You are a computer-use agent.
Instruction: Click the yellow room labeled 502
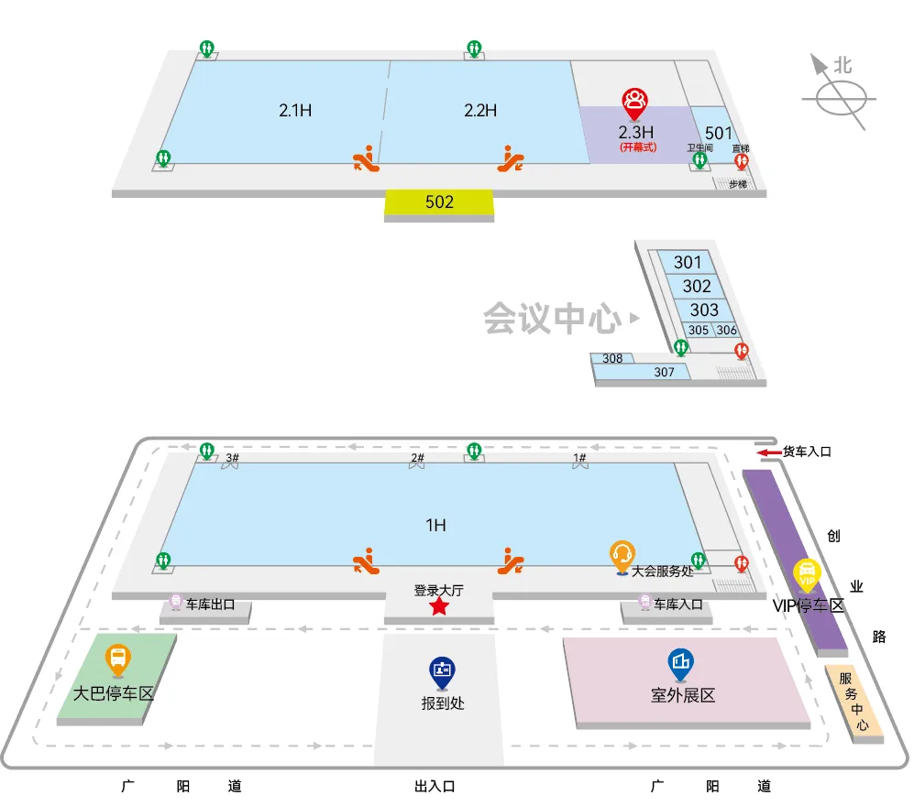439,202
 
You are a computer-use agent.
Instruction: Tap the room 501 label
719,134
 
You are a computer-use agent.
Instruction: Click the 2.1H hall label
296,111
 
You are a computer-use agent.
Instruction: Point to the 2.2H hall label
480,111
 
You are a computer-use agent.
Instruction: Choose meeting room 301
688,263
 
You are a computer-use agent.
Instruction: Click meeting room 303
704,310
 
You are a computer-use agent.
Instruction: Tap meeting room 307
665,373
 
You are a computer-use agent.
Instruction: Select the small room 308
612,358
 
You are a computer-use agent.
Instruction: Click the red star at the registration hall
439,606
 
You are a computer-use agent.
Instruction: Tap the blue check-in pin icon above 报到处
443,671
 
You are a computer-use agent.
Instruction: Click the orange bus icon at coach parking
117,658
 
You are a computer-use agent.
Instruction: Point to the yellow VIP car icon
808,574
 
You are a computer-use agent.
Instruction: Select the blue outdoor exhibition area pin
681,662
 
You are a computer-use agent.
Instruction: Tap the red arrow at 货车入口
767,452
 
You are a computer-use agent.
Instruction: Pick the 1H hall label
435,526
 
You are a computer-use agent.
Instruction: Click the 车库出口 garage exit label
210,604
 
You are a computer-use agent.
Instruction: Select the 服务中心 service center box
853,702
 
